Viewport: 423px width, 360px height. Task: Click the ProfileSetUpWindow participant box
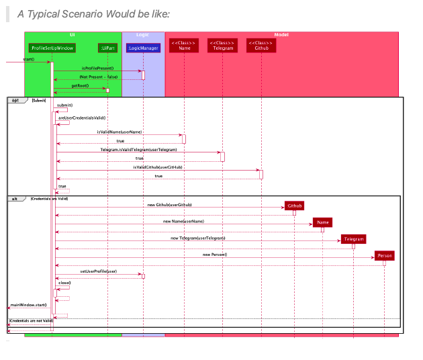click(52, 48)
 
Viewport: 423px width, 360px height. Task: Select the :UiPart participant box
click(107, 48)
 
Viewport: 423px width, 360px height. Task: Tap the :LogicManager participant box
click(143, 48)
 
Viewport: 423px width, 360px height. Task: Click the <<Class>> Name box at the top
click(184, 45)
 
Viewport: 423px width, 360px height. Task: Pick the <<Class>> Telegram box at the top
click(222, 45)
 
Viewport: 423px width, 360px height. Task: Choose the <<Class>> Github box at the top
click(261, 45)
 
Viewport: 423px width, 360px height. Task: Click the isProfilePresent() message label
click(97, 68)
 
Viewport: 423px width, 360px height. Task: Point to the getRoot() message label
click(80, 86)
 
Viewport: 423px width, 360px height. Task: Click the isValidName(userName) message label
click(119, 132)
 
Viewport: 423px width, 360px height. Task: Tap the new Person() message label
click(215, 255)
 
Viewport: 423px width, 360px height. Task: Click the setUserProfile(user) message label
click(99, 271)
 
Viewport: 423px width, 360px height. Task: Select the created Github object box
click(294, 206)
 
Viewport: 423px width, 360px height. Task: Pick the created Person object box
click(384, 256)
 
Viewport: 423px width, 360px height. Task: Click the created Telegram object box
click(353, 239)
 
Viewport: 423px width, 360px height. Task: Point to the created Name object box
click(322, 222)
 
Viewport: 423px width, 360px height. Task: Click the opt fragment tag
click(15, 100)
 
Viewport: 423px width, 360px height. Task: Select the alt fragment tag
click(14, 199)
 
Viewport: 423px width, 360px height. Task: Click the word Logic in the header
click(142, 34)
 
